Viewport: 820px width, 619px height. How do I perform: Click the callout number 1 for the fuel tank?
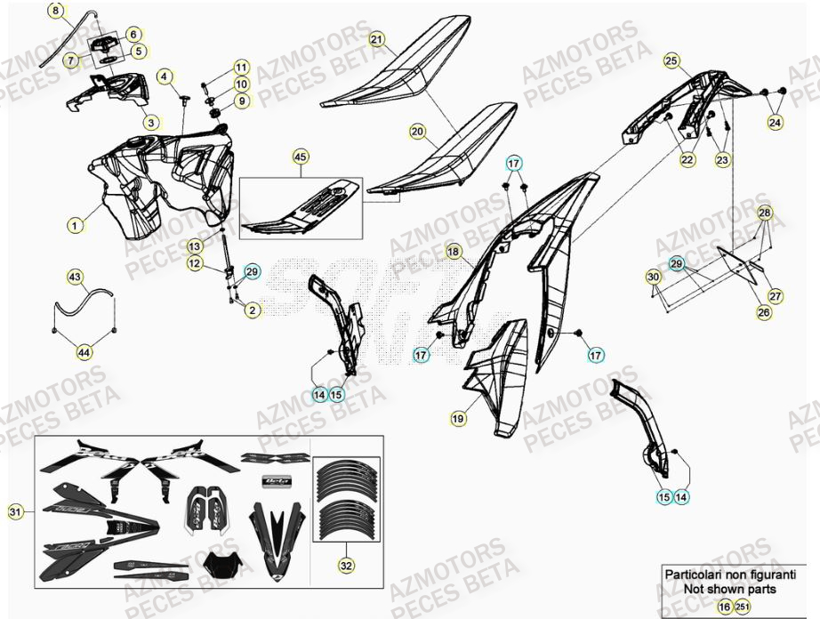76,226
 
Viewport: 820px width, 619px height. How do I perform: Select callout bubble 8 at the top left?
55,12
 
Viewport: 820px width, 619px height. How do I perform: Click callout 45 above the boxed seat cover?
301,157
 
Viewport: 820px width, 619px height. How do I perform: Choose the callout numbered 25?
671,61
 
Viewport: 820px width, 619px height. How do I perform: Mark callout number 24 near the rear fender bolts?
776,122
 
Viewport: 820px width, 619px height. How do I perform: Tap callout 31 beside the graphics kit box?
15,511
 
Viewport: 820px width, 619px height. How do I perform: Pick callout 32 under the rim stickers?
344,565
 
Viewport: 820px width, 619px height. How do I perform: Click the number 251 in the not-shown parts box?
742,606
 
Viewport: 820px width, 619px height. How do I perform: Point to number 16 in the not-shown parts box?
724,606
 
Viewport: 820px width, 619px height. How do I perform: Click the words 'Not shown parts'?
729,589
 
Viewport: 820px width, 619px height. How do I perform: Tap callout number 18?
454,252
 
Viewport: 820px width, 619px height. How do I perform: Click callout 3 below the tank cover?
152,122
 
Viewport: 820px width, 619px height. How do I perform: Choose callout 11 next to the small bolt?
242,68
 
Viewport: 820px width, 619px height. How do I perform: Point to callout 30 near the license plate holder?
654,277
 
